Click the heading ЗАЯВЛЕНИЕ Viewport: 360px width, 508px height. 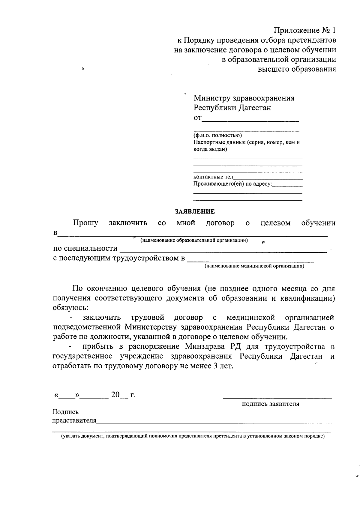point(195,212)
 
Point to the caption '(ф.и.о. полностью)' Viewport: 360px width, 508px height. point(217,136)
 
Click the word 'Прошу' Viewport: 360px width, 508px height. point(85,223)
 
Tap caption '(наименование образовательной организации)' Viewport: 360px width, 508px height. point(194,241)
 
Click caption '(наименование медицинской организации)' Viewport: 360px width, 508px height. point(254,266)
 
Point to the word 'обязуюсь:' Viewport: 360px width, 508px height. point(70,308)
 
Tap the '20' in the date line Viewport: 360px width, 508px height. point(115,395)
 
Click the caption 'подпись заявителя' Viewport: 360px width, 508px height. point(271,404)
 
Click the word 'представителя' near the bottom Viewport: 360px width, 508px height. point(74,420)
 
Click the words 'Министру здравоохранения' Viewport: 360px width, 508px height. point(244,98)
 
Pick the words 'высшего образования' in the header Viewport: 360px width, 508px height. point(297,69)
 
